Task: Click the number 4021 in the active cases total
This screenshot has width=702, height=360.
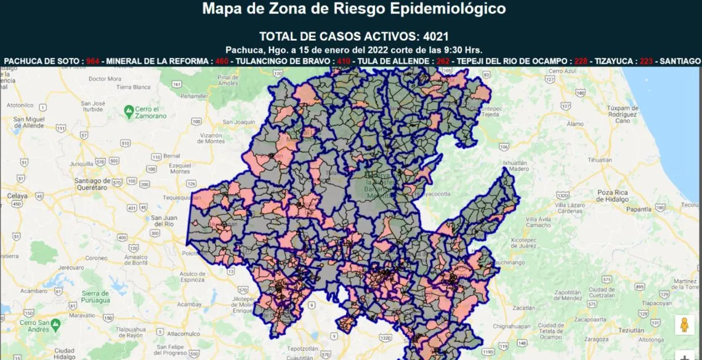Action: tap(440, 36)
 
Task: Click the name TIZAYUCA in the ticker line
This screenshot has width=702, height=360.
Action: tap(616, 62)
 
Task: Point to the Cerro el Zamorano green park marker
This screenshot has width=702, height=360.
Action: tap(129, 111)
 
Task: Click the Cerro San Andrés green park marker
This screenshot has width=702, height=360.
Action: tap(55, 324)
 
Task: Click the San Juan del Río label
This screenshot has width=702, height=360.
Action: tap(164, 222)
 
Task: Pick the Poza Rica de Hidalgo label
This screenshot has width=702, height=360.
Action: tap(612, 196)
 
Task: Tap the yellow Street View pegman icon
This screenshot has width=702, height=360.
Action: tap(684, 324)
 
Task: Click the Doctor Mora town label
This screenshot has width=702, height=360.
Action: tap(106, 79)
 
